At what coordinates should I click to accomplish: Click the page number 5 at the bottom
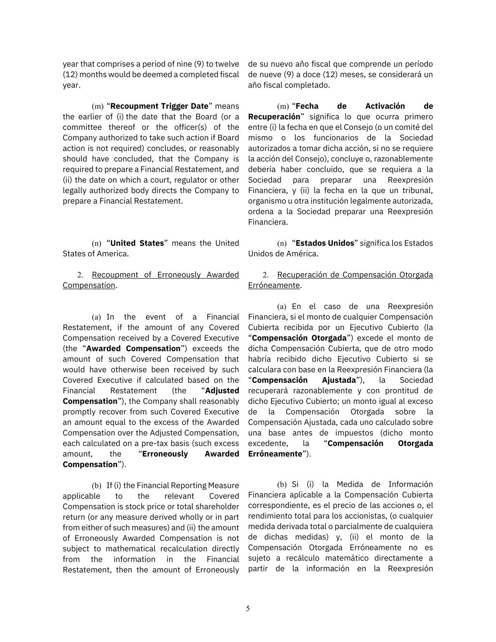[248, 609]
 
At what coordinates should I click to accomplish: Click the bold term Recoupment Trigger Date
[159, 106]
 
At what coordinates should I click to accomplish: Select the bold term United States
[137, 243]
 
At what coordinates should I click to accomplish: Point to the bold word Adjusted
[222, 391]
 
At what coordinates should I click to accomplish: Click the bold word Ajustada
[339, 380]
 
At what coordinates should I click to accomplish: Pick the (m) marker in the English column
[97, 106]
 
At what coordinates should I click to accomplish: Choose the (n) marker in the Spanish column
[282, 243]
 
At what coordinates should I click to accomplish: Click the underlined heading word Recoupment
[116, 275]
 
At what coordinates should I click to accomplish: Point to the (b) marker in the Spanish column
[282, 484]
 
